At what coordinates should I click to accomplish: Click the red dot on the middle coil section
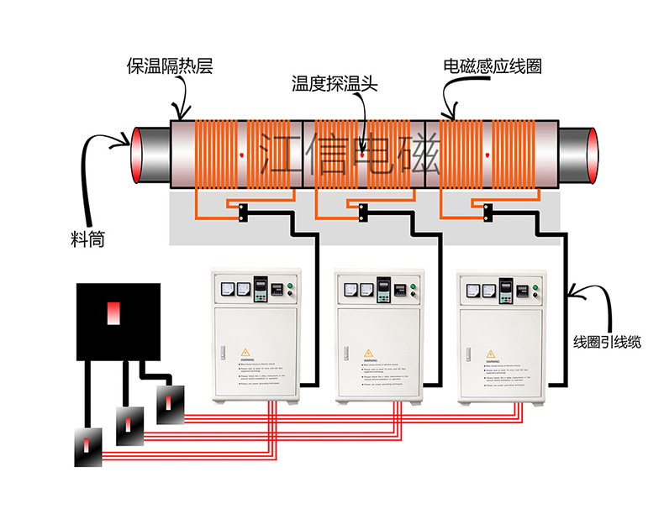[361, 155]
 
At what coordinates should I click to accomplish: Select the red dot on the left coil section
[241, 155]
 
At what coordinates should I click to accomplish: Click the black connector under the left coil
[242, 212]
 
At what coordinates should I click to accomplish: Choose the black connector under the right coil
[487, 212]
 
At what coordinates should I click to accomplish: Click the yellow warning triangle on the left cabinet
[245, 352]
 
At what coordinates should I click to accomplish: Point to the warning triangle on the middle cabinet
[368, 352]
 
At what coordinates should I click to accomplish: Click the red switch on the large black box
[113, 313]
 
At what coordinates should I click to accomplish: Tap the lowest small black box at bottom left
[88, 446]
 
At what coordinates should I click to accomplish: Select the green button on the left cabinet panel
[287, 289]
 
